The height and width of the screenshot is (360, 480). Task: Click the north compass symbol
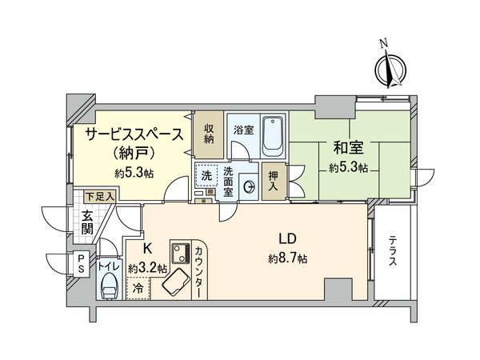(x=390, y=66)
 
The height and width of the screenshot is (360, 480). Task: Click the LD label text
(x=288, y=239)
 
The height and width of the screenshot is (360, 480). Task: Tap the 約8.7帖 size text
(x=288, y=258)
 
